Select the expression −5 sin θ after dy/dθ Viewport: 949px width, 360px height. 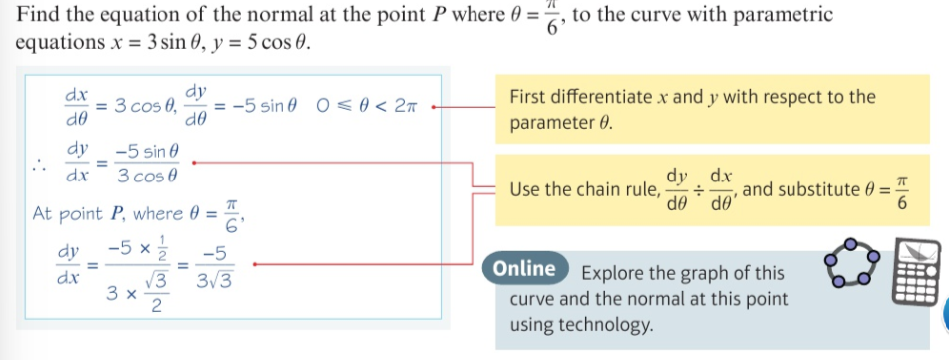click(x=262, y=106)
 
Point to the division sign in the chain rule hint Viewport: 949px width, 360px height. click(x=702, y=189)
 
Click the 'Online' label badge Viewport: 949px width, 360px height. click(x=523, y=269)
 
